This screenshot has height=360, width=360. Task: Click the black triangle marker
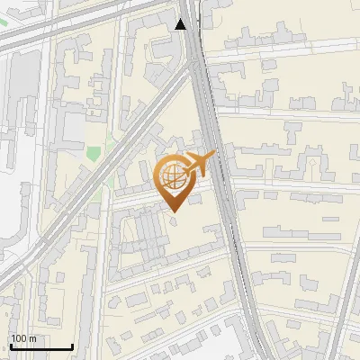pos(181,24)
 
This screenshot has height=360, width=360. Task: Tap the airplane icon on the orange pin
pos(200,164)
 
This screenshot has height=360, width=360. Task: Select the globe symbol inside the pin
pos(172,178)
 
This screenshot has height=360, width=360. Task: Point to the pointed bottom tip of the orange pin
pos(173,211)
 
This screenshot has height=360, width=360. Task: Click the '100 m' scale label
pos(23,338)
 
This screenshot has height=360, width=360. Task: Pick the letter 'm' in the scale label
pos(32,338)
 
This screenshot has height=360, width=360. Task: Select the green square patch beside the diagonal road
pos(93,154)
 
